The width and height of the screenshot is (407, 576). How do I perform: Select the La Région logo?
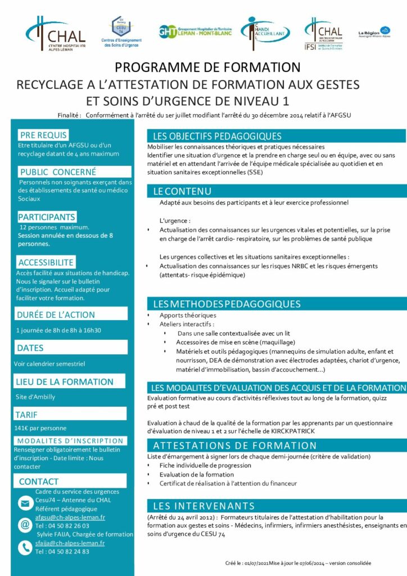374,32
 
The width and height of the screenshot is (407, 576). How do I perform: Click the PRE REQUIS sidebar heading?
43,135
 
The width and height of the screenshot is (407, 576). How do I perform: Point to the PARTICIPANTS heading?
47,217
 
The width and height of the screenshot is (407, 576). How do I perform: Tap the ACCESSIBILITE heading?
46,262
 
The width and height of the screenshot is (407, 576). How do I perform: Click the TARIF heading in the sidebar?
27,415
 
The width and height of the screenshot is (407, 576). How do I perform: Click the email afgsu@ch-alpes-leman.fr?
70,517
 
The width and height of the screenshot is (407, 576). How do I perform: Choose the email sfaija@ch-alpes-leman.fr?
70,543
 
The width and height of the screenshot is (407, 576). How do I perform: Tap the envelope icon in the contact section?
25,503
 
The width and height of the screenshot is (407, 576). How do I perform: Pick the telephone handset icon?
25,547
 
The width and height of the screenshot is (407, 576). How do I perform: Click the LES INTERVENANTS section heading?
204,506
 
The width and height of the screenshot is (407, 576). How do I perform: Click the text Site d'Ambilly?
35,397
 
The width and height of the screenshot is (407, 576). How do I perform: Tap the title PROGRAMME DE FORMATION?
207,67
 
